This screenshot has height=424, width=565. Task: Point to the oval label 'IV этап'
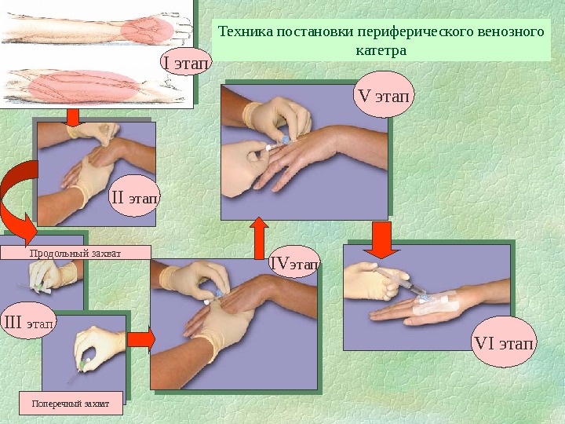pyautogui.click(x=294, y=264)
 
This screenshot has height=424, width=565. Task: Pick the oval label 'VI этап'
pyautogui.click(x=505, y=344)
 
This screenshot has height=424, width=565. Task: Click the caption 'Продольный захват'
pyautogui.click(x=63, y=252)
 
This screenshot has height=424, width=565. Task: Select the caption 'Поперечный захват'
pyautogui.click(x=71, y=404)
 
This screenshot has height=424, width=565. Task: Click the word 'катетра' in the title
pyautogui.click(x=381, y=50)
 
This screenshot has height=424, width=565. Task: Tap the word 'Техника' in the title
pyautogui.click(x=243, y=33)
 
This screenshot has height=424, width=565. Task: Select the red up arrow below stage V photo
pyautogui.click(x=258, y=233)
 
